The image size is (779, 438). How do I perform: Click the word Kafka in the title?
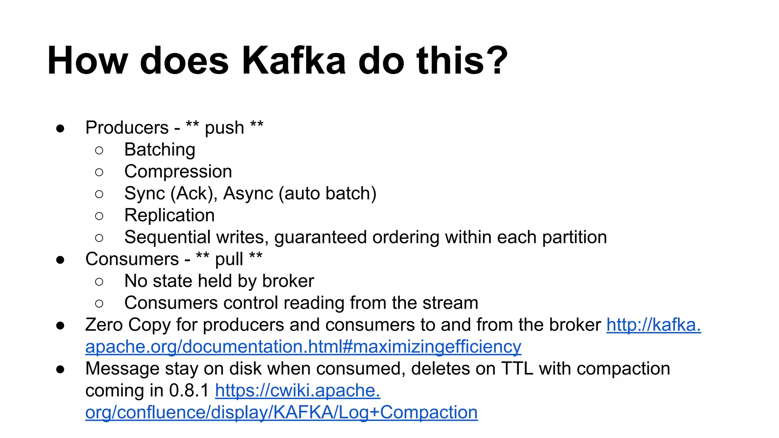coord(293,61)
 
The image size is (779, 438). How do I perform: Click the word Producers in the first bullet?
coord(127,128)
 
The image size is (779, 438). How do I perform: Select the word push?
coord(224,128)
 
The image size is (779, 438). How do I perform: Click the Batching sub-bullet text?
coord(160,150)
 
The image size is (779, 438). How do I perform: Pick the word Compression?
coord(178,171)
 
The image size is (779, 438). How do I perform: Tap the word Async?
coord(248,194)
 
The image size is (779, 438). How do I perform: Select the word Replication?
coord(169,216)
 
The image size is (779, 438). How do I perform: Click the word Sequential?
coord(167,237)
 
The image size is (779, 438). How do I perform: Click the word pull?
coord(229,260)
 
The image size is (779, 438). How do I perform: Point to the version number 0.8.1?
coord(189,391)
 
